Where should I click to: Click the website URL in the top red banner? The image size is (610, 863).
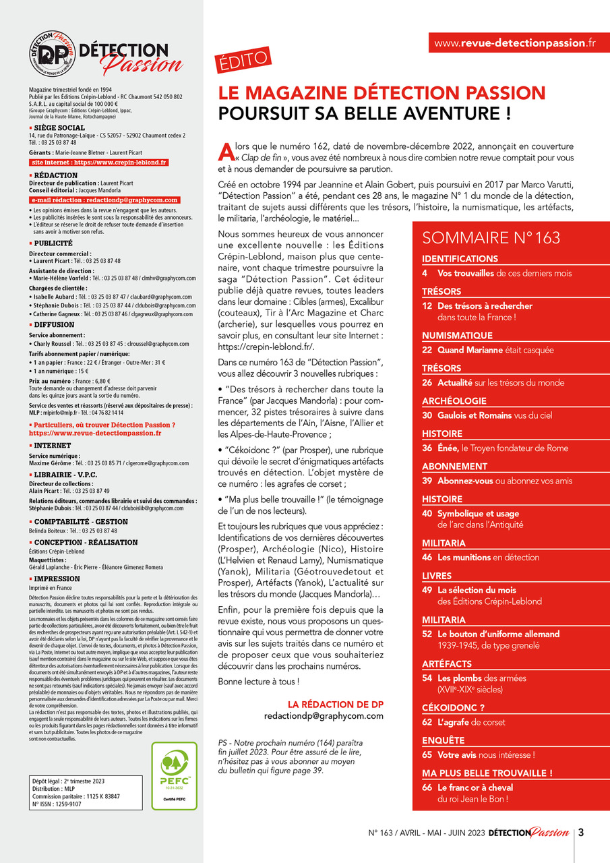pos(514,42)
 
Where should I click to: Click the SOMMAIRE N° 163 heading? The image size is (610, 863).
pos(491,237)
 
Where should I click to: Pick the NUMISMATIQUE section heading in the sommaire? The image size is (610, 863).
pos(457,336)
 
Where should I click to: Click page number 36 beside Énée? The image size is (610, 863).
pos(427,448)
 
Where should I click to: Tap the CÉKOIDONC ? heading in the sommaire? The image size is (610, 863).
pos(454,707)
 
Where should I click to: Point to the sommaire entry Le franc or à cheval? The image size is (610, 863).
pos(475,787)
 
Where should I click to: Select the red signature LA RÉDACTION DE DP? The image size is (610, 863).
pos(335,704)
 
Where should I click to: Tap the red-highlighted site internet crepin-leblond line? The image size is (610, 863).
pos(99,162)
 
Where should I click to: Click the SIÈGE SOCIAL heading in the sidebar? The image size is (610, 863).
pos(59,127)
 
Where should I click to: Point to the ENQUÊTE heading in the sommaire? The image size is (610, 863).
pos(443,740)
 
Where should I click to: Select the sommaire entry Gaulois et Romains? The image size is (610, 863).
pos(475,415)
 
